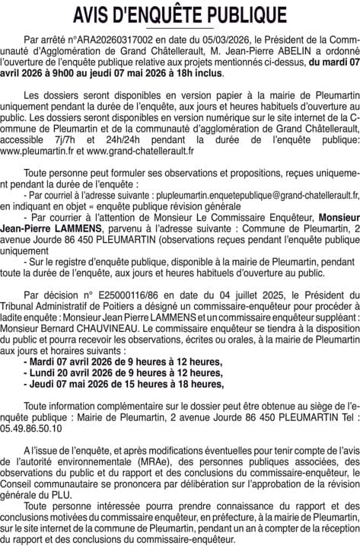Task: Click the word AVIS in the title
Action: (97, 15)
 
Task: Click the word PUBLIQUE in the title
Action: (241, 15)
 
